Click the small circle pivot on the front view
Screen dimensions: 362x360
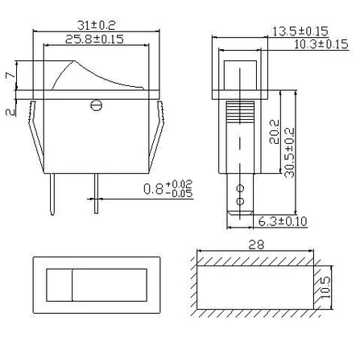point(97,103)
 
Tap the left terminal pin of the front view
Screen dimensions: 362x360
point(53,194)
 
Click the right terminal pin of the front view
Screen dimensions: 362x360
point(96,194)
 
